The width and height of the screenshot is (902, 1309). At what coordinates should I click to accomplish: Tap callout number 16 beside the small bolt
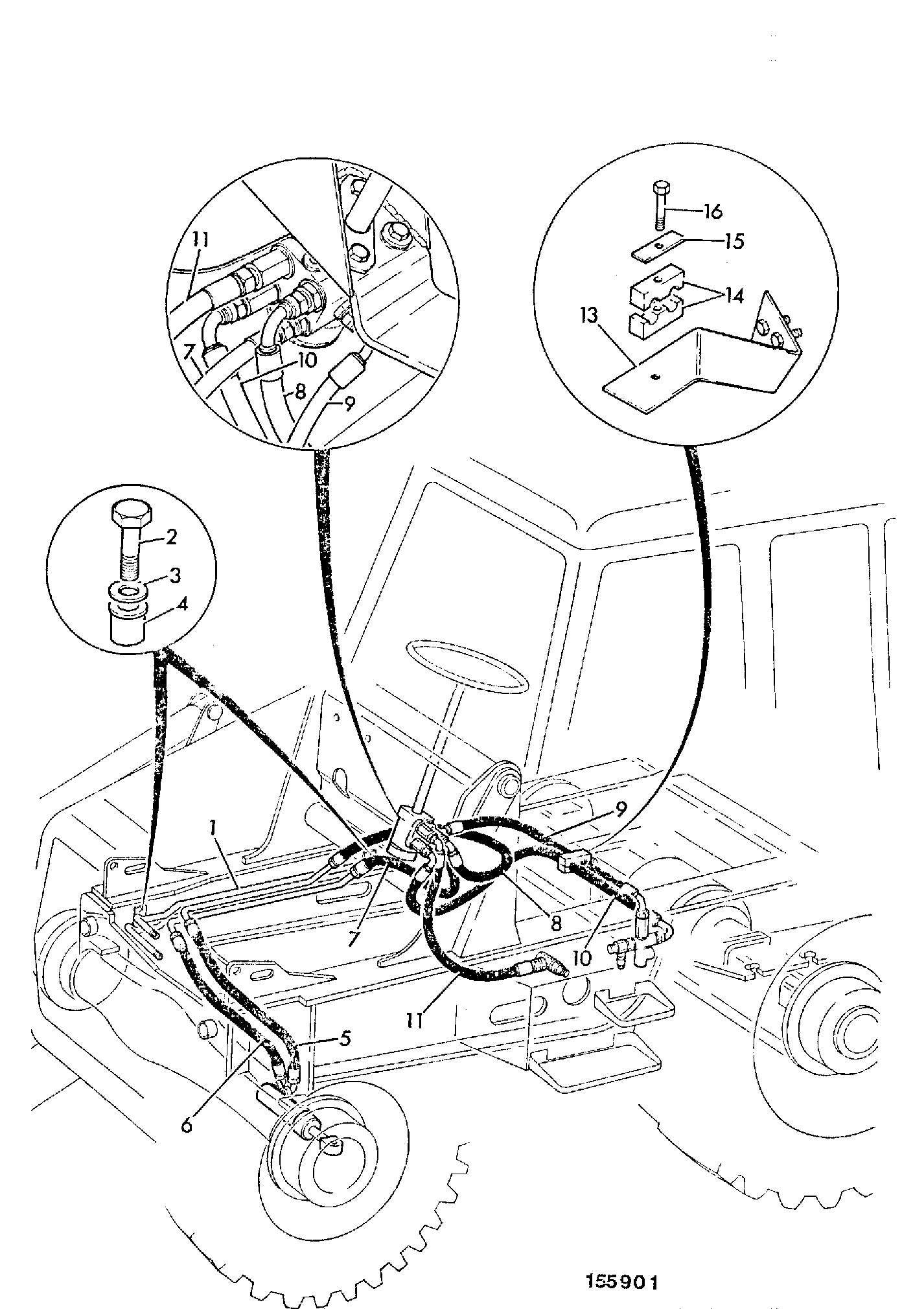712,212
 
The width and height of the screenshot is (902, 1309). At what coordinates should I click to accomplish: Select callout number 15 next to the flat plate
734,241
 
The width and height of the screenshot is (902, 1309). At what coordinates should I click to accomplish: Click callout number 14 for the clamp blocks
734,296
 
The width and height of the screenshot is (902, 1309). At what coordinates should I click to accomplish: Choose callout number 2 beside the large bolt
172,537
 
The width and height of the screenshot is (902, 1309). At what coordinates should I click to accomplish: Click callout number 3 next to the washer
174,575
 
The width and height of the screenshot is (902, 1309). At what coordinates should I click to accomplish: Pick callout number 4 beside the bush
183,606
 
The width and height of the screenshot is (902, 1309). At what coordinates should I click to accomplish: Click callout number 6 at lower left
187,1126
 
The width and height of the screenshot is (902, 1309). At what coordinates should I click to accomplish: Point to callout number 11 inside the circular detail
200,240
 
